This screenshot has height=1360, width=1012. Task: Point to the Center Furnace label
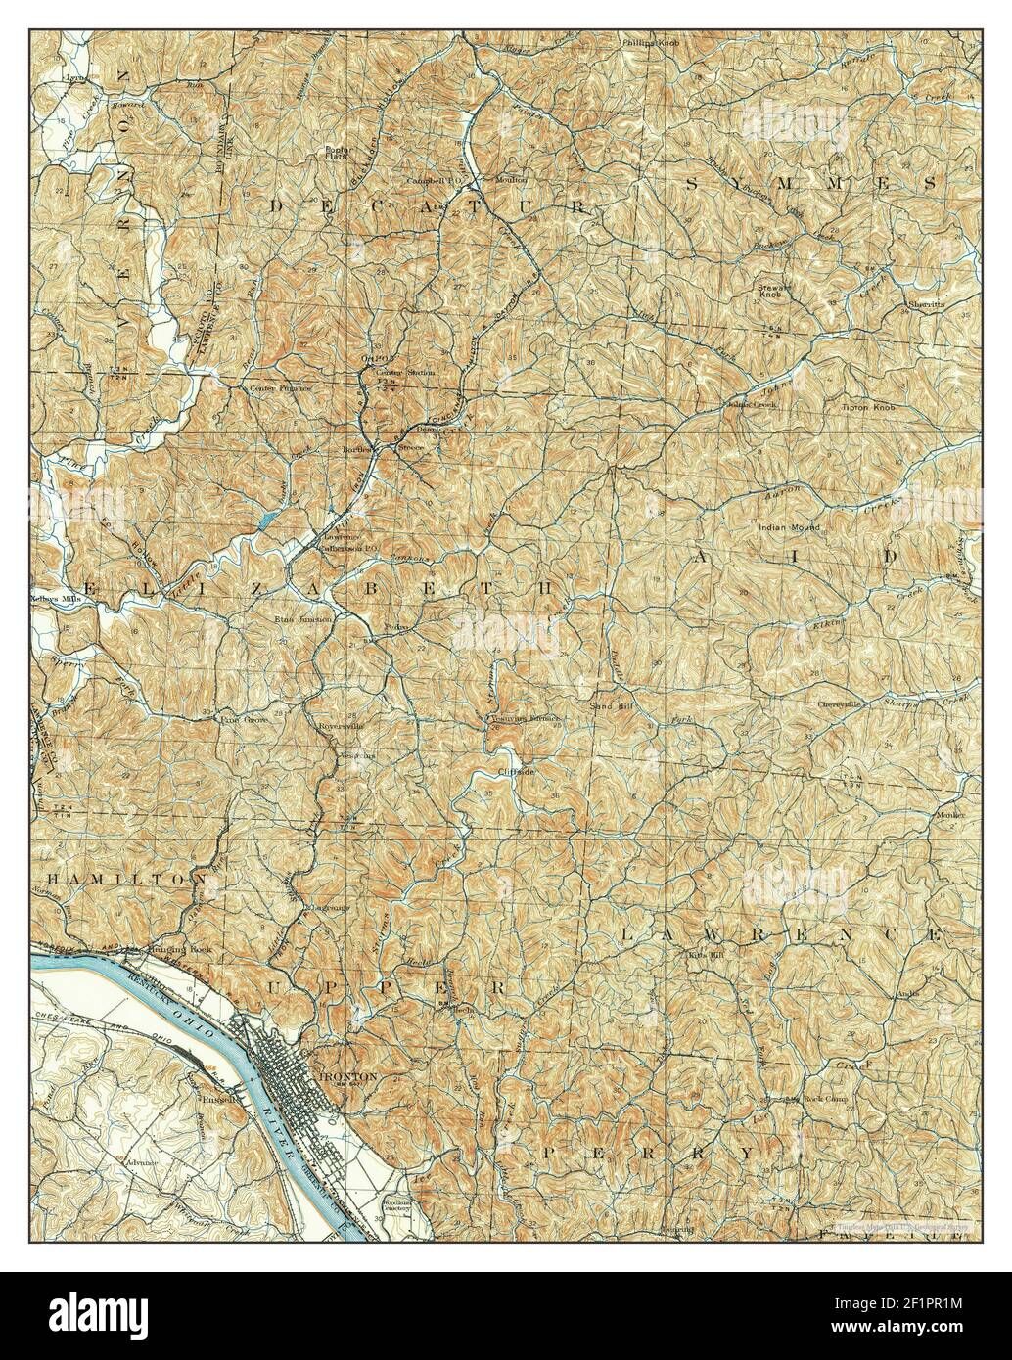coord(281,388)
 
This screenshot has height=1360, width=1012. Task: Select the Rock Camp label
coord(825,1099)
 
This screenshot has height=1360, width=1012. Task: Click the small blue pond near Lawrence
coord(266,521)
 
